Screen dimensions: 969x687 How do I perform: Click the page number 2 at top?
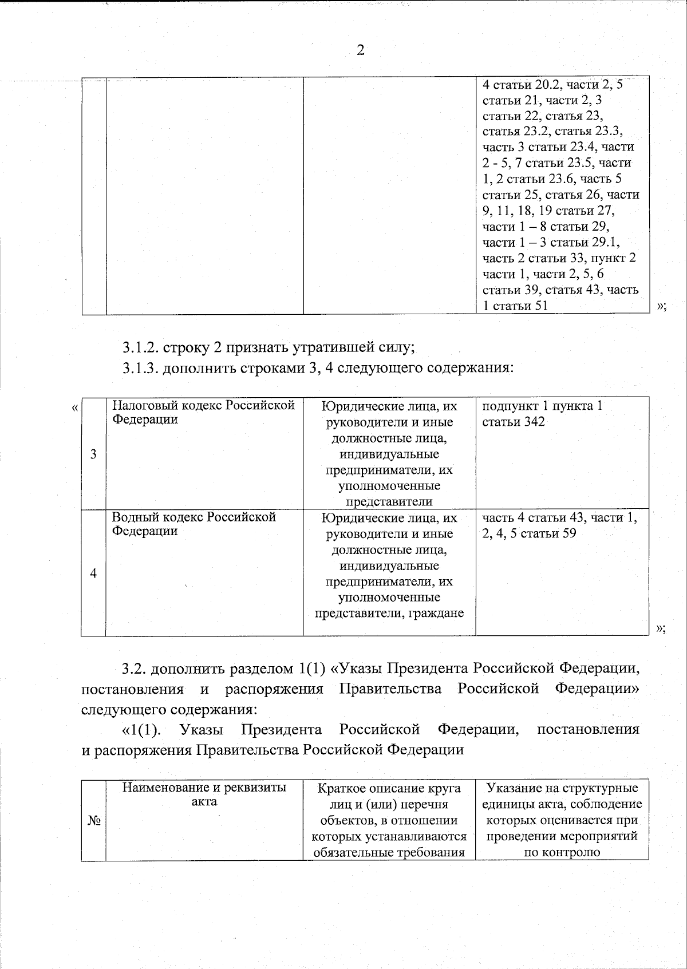[x=360, y=50]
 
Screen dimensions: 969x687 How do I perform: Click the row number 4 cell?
[x=93, y=574]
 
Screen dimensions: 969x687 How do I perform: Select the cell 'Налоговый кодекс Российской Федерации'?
[x=203, y=413]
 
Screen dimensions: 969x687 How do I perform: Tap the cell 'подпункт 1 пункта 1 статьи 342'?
[x=542, y=414]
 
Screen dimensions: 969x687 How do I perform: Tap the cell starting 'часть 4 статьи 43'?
[x=559, y=525]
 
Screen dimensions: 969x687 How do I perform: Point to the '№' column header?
[x=94, y=821]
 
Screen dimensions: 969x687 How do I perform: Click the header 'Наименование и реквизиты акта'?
[x=204, y=794]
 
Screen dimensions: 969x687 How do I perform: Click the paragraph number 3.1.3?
[x=141, y=367]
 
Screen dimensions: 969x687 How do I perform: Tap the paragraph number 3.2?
[x=135, y=669]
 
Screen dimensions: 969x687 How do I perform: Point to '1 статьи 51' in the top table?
[x=515, y=306]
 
